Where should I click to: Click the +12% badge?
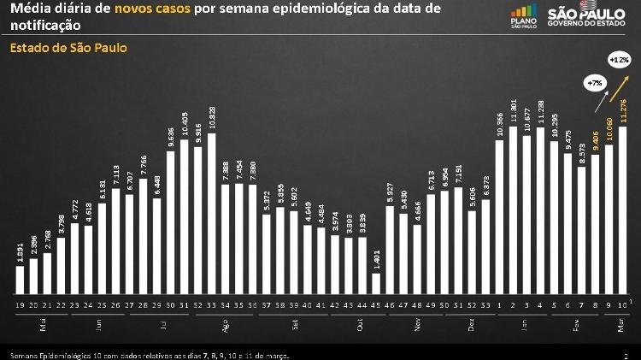(x=620, y=60)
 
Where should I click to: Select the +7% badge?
(x=594, y=83)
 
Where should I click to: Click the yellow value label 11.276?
(x=623, y=111)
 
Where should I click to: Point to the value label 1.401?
(x=376, y=259)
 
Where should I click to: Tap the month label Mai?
(x=41, y=325)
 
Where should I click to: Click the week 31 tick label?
(x=184, y=304)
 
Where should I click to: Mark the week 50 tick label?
(x=445, y=304)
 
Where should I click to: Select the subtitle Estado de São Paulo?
(x=68, y=48)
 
